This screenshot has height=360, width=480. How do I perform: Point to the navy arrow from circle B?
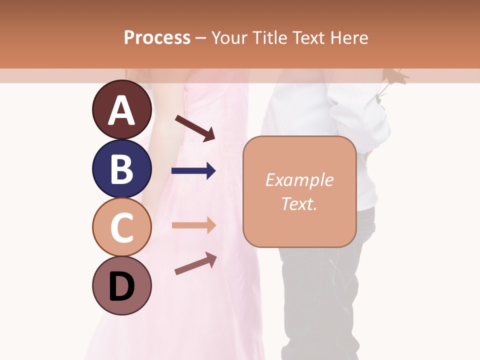coord(193,171)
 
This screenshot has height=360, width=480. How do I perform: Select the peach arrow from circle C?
coord(193,225)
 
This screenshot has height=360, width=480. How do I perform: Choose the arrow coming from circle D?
coord(195,263)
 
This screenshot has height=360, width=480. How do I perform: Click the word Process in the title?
coord(157,37)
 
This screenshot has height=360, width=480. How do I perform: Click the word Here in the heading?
coord(349,37)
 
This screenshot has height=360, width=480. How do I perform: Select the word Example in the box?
coord(299,180)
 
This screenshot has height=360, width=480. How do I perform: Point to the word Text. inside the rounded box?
coord(299,203)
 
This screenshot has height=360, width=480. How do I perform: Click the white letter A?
coord(121,110)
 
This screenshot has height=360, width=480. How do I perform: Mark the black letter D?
coord(121,286)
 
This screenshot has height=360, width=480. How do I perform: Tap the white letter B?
coord(121,169)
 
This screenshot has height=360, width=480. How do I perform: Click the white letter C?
coord(121,227)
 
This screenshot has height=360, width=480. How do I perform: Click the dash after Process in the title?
coord(201,38)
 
